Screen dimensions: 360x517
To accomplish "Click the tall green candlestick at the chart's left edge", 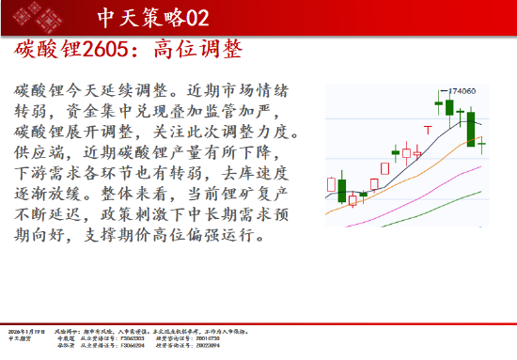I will point(342,187).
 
